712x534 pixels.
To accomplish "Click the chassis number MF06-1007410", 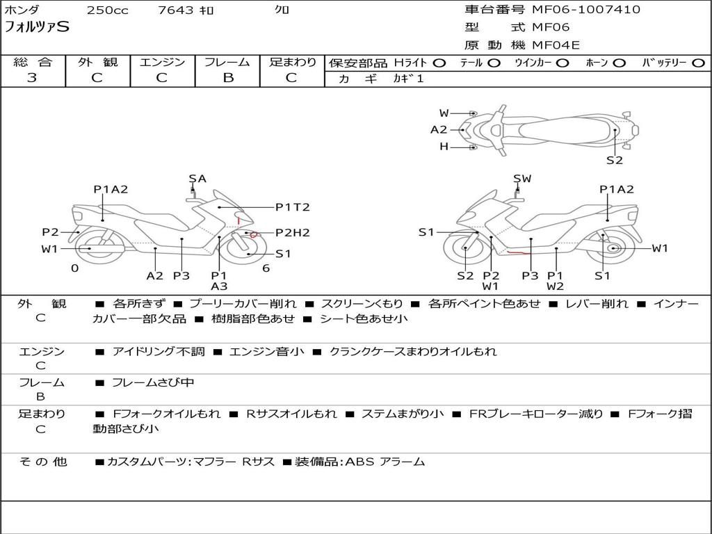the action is coord(586,10).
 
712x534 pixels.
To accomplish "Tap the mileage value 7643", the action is coord(177,10).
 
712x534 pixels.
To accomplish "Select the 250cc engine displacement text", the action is coord(107,10).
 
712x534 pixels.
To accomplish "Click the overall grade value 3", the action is coord(32,78).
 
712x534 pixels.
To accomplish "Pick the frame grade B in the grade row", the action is coord(227,78).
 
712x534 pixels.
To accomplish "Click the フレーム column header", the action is coord(227,63).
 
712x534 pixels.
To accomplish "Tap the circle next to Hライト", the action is coord(439,63).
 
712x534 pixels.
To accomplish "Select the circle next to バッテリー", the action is coord(698,63).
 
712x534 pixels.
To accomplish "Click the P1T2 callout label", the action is coord(292,207).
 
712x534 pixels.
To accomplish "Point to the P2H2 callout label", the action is coord(292,233).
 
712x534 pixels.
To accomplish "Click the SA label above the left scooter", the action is coord(197,179).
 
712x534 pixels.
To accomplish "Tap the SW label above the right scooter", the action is coord(522,179).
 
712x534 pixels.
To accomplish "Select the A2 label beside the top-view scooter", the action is coord(439,129).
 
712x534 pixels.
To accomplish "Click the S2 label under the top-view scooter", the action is coord(614,160).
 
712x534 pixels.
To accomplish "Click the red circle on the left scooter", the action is coord(254,234).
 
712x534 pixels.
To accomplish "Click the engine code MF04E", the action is coord(556,45).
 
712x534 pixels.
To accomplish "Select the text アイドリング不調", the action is coord(159,352).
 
